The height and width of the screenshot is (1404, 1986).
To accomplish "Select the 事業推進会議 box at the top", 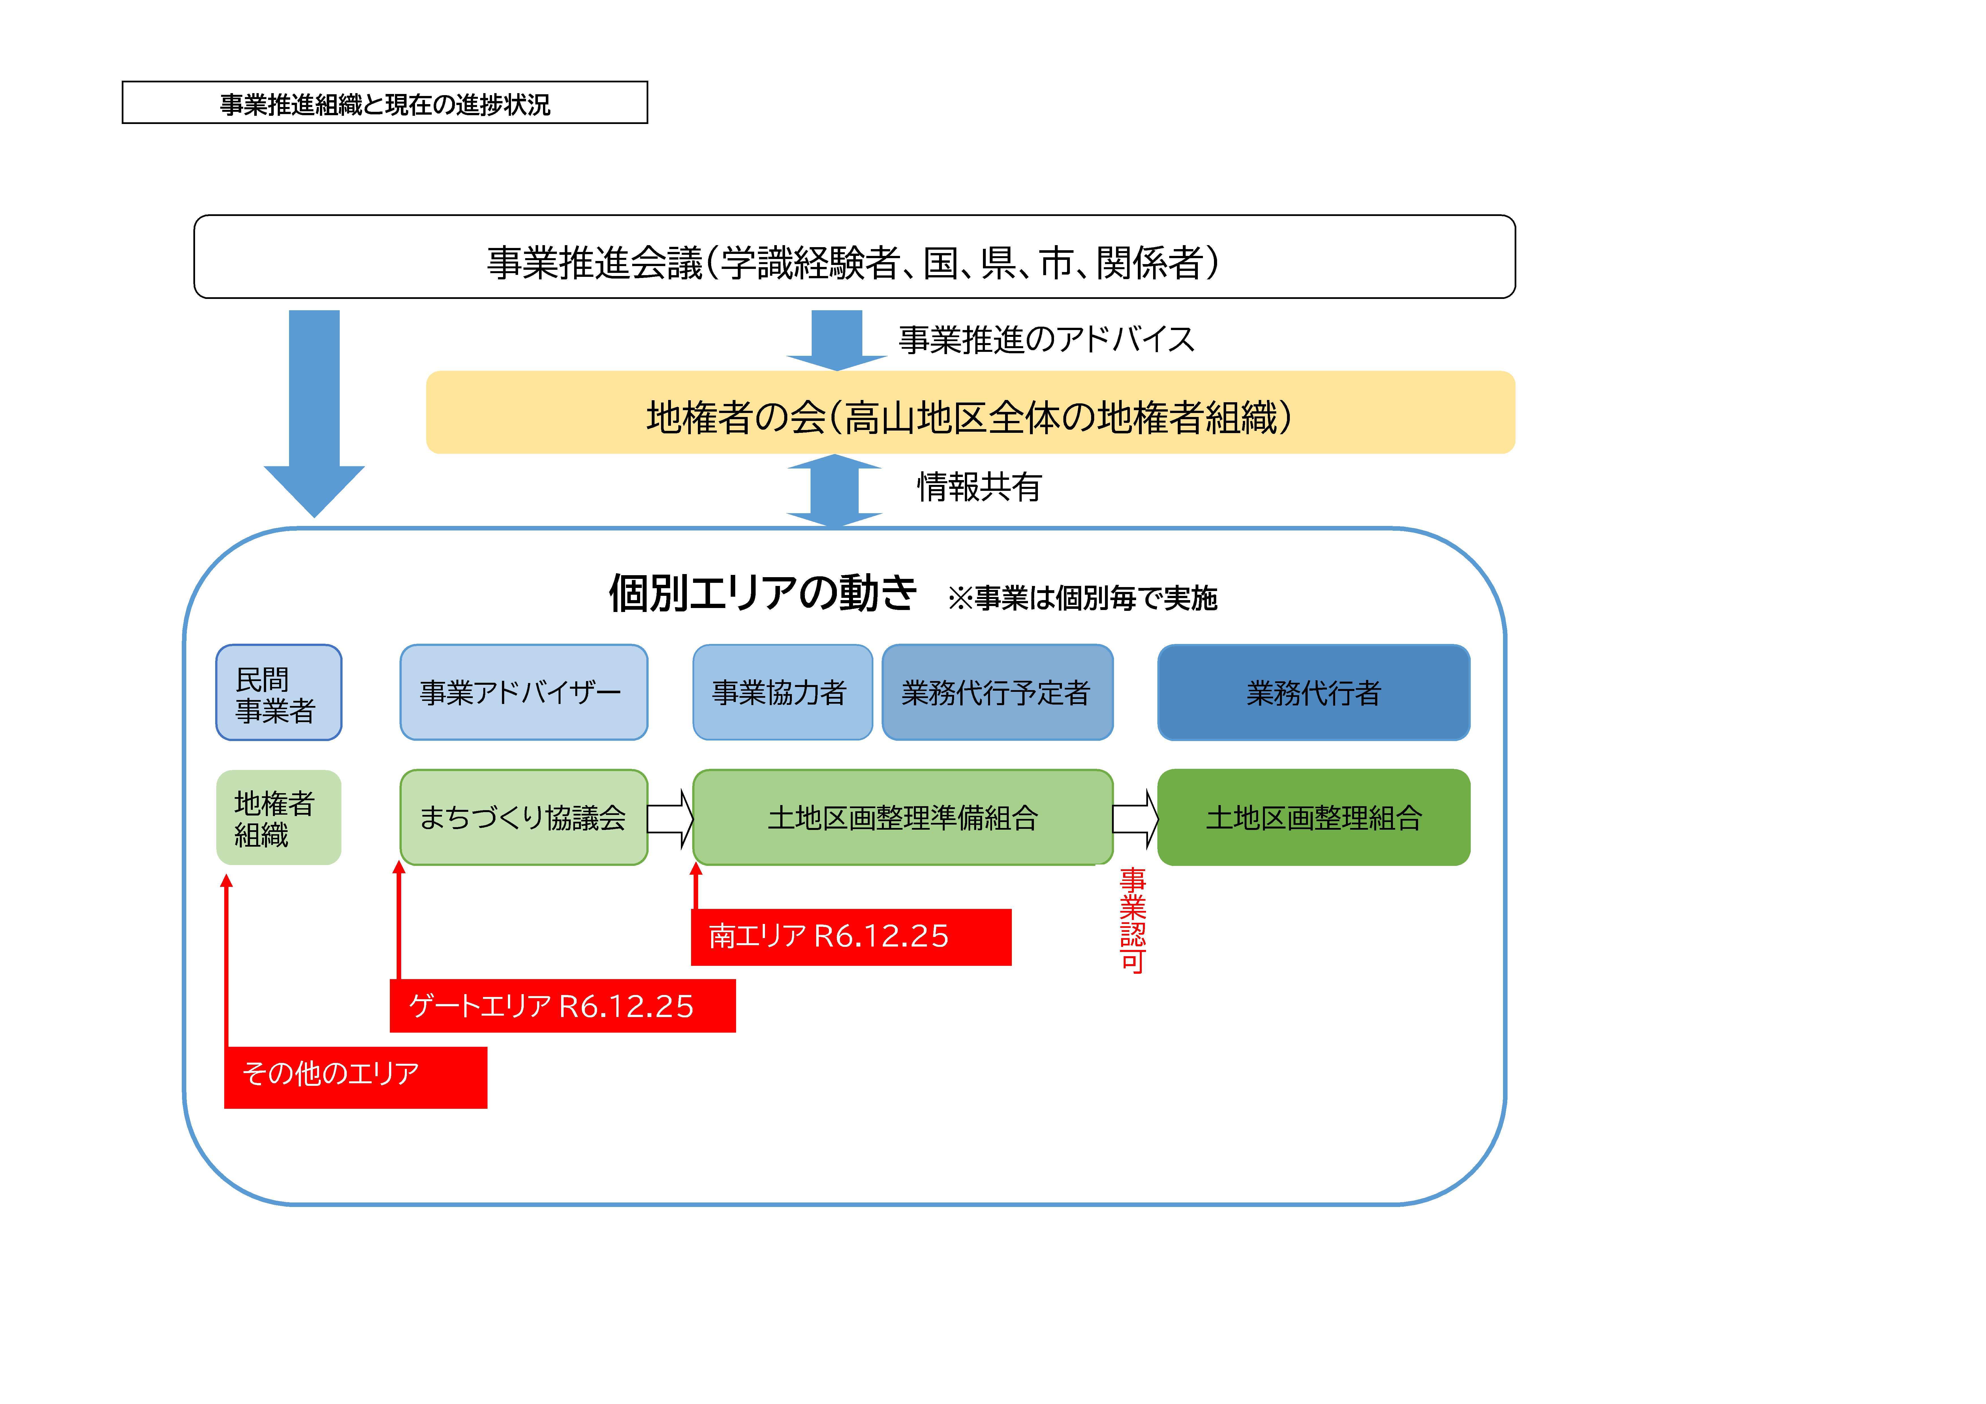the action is [x=855, y=257].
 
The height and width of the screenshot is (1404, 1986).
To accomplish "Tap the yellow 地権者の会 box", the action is [x=970, y=413].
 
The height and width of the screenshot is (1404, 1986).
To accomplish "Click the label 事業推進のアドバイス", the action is [x=1047, y=339].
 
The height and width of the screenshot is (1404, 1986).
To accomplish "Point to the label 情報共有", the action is [x=979, y=487].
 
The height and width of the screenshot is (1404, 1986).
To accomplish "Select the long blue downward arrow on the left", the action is [x=314, y=414].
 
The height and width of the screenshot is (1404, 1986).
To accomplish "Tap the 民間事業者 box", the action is [x=279, y=692].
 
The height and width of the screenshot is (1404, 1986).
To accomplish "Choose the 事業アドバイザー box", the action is [x=523, y=692].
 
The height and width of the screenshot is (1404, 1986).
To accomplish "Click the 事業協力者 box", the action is [x=782, y=692].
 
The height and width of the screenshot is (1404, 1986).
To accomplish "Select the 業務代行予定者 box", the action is [x=997, y=692].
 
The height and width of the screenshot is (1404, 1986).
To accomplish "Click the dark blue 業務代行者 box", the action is [x=1314, y=692].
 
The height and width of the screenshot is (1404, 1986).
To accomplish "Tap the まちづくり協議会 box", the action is [x=523, y=817].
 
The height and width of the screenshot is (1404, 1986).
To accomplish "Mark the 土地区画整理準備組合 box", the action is [x=903, y=817].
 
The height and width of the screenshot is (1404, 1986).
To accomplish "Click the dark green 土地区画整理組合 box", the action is [x=1314, y=817].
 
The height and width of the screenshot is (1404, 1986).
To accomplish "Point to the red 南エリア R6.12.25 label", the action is [x=851, y=937].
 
